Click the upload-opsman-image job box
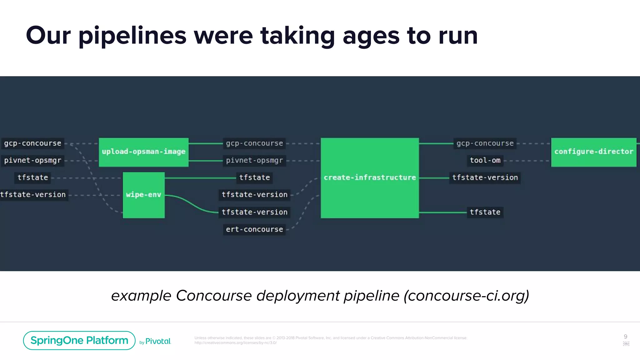pyautogui.click(x=143, y=152)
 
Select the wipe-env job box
pyautogui.click(x=143, y=195)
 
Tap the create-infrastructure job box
pyautogui.click(x=370, y=178)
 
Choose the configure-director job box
pyautogui.click(x=593, y=152)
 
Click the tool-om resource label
pyautogui.click(x=485, y=161)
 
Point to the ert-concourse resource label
pyautogui.click(x=254, y=230)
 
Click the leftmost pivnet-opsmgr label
pyautogui.click(x=32, y=161)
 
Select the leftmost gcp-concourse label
pyautogui.click(x=32, y=143)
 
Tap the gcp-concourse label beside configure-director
pyautogui.click(x=485, y=143)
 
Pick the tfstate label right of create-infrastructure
pyautogui.click(x=485, y=212)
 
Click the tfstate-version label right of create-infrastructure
pyautogui.click(x=485, y=178)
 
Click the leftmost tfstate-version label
pyautogui.click(x=33, y=195)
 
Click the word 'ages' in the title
pyautogui.click(x=371, y=36)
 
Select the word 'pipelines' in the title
pyautogui.click(x=132, y=36)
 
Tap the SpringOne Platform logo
pyautogui.click(x=79, y=340)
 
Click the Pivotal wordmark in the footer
pyautogui.click(x=158, y=341)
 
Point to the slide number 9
pyautogui.click(x=625, y=337)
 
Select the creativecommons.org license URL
pyautogui.click(x=235, y=343)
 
